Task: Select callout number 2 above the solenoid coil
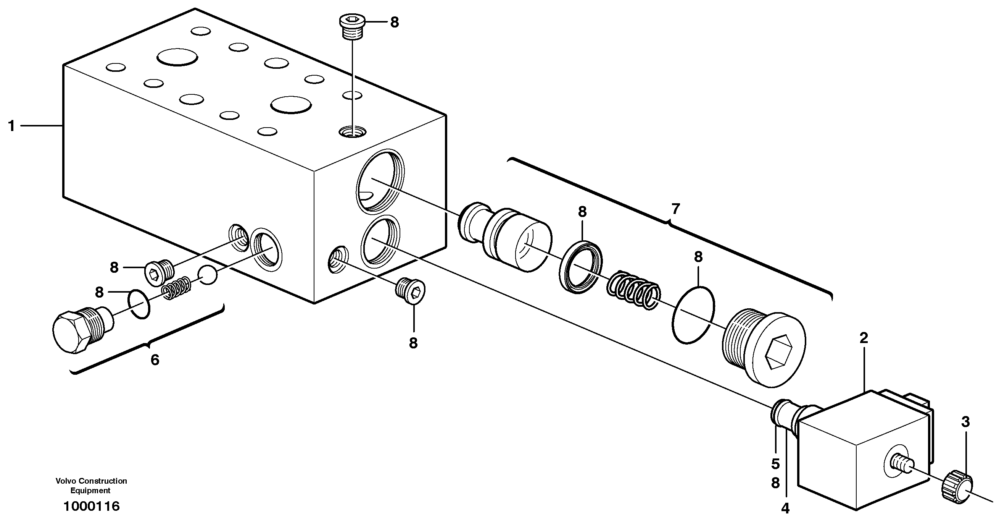(863, 338)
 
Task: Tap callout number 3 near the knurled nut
(965, 422)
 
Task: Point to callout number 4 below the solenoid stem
(785, 508)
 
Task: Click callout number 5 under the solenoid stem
(775, 464)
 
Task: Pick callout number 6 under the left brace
(155, 360)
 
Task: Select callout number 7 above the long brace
(675, 209)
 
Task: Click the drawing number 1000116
(92, 506)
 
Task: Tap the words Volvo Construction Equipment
(91, 485)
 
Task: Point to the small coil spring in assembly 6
(176, 288)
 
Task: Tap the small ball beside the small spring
(208, 275)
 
